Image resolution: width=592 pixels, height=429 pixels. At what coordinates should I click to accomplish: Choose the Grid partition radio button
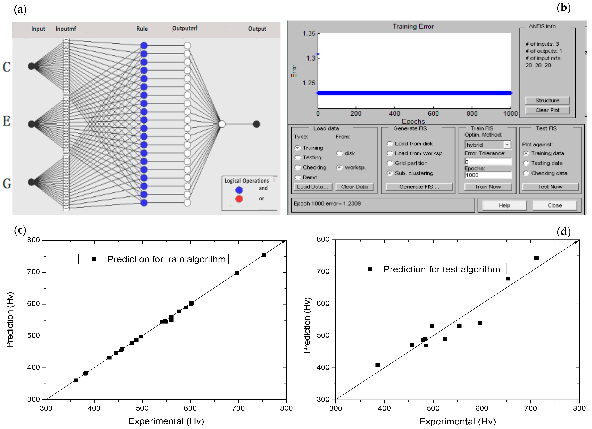(390, 163)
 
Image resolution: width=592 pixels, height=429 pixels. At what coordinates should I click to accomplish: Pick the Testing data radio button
(526, 163)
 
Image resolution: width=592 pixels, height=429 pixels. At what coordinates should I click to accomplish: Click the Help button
(504, 205)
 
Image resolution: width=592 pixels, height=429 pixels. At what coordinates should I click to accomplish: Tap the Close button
(554, 205)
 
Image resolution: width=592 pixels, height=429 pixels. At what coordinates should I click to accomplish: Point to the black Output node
(256, 124)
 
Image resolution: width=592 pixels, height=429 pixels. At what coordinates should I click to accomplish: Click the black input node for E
(31, 124)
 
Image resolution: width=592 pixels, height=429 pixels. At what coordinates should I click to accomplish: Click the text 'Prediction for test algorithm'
(441, 269)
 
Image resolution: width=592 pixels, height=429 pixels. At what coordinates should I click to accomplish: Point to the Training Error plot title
(413, 26)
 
